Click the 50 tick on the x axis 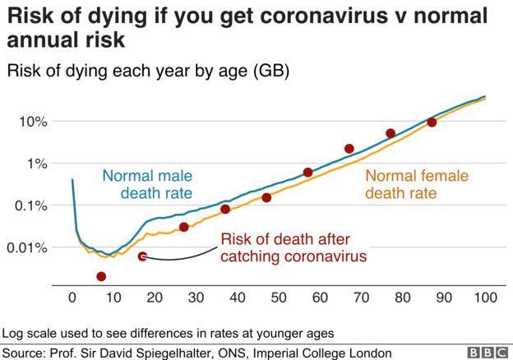(x=279, y=297)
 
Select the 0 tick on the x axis (x=72, y=297)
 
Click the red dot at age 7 (x=101, y=277)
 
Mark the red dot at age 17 (x=142, y=256)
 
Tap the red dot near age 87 (x=432, y=122)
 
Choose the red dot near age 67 (x=349, y=149)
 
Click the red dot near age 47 (x=266, y=197)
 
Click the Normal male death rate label (x=147, y=184)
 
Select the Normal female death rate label (x=417, y=185)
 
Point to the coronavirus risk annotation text (x=292, y=248)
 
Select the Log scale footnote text (x=169, y=334)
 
